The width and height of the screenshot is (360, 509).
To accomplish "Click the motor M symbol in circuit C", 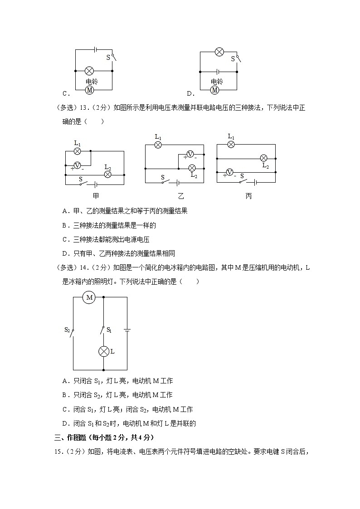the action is tap(90, 90).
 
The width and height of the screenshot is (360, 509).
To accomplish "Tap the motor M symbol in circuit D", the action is tap(215, 90).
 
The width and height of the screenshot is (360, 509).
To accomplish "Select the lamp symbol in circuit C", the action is tap(90, 71).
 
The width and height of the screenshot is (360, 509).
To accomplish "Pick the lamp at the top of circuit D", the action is tap(219, 52).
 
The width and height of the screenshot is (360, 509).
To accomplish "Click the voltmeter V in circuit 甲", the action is tap(77, 165).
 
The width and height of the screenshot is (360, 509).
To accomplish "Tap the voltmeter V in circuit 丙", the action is tap(230, 172).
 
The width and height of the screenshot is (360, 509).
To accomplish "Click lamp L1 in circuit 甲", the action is tap(77, 151).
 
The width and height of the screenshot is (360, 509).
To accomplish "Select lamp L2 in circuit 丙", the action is tap(263, 158).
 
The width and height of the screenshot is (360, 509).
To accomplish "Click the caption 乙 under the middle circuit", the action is tap(181, 196).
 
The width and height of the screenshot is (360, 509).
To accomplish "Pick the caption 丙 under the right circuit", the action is tap(248, 196).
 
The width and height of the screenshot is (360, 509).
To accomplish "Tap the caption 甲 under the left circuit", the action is tap(96, 196).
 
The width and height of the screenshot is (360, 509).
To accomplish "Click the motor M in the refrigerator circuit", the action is tap(89, 297).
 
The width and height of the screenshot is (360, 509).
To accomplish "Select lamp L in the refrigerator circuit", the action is tap(104, 351).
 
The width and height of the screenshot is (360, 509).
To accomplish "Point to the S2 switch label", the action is tap(68, 330).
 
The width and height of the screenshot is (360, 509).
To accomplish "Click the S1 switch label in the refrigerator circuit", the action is tap(109, 330).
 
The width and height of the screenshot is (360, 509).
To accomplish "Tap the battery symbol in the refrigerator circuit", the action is tap(127, 330).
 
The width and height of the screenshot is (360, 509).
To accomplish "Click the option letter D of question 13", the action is tap(65, 253).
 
